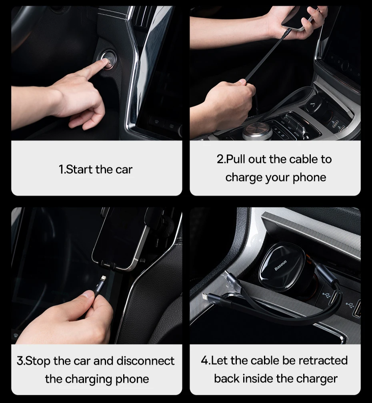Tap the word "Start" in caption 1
pos(80,170)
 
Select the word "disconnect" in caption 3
pos(146,361)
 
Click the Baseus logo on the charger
pos(280,265)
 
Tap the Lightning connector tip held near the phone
pos(103,279)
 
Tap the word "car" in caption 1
pos(124,170)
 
